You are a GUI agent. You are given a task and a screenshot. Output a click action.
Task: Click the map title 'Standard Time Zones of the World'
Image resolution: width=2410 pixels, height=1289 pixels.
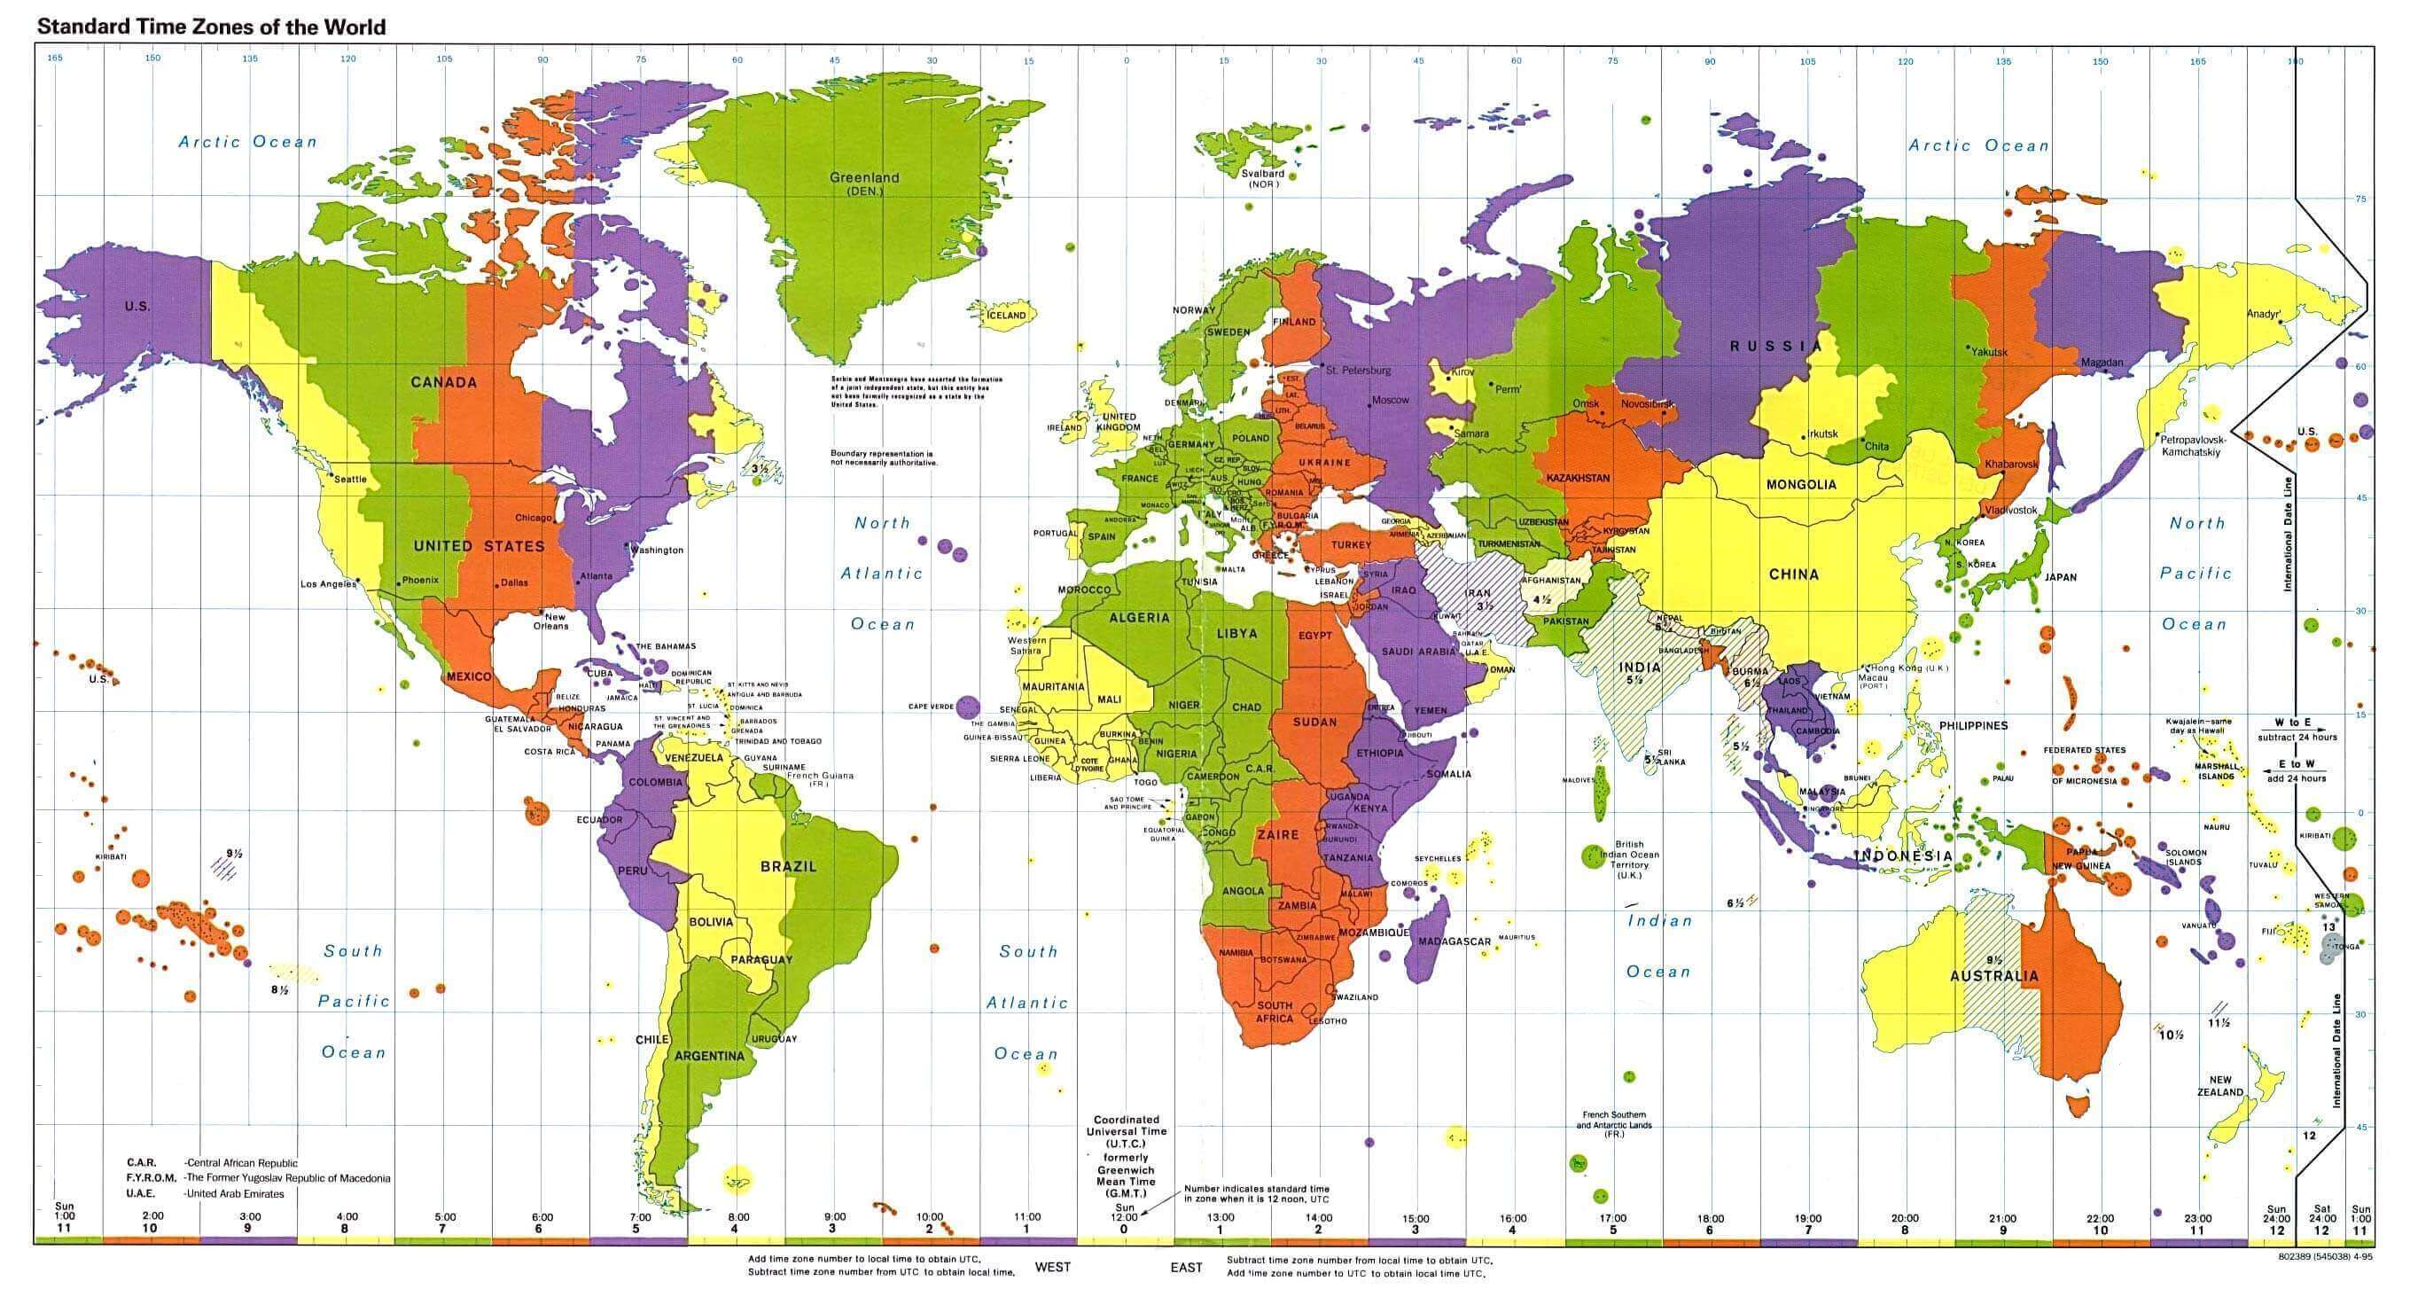(210, 27)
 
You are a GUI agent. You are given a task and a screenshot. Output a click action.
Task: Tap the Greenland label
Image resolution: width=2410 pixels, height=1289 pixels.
(863, 177)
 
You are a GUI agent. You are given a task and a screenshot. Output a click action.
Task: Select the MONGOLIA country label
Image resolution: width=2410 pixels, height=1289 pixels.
(1801, 485)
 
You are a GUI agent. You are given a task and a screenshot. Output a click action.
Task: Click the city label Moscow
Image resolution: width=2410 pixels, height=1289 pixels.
(1389, 401)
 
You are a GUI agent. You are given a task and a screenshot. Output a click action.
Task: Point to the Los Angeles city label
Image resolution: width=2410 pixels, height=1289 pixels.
(327, 583)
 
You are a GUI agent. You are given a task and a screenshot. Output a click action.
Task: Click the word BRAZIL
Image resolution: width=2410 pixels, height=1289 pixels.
(788, 866)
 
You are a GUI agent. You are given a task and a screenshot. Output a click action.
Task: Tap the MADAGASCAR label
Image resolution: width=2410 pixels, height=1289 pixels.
(1454, 941)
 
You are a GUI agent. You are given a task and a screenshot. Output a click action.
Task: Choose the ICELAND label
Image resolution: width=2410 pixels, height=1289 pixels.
(1007, 316)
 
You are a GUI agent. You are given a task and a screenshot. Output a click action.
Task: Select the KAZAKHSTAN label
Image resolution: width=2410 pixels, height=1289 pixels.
(1578, 478)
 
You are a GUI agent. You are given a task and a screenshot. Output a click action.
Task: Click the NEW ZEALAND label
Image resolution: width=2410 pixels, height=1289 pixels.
(2220, 1086)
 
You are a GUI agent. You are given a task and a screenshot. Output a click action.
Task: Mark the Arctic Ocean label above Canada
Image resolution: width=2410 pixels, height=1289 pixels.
(248, 142)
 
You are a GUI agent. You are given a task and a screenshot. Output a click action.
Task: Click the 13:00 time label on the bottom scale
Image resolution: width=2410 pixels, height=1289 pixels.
(1220, 1217)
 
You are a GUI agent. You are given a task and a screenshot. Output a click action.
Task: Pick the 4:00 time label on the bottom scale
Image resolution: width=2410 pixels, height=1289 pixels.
(347, 1217)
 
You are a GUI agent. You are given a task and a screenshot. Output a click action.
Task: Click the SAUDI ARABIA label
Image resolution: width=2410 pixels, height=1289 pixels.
(1418, 651)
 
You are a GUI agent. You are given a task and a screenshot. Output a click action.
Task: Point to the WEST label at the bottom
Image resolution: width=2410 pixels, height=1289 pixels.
(1051, 1268)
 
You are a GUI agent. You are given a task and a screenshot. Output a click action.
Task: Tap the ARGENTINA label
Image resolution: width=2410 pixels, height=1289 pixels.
(709, 1056)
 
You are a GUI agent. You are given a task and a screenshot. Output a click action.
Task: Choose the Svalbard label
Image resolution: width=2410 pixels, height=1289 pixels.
(1262, 174)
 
